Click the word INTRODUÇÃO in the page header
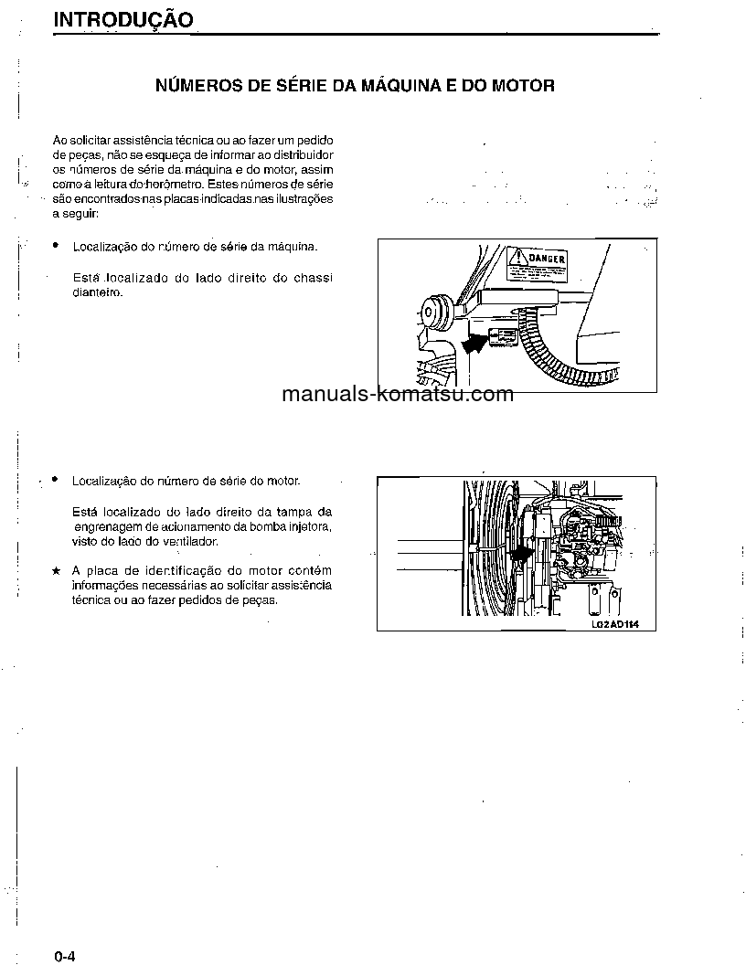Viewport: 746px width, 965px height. pyautogui.click(x=123, y=20)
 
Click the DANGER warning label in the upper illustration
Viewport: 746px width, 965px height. pyautogui.click(x=538, y=261)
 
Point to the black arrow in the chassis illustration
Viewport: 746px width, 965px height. pyautogui.click(x=474, y=343)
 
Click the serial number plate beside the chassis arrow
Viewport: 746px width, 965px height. pyautogui.click(x=503, y=337)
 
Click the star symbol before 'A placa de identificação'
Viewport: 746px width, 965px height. pyautogui.click(x=57, y=570)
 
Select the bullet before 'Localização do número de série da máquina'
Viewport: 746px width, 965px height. pyautogui.click(x=57, y=246)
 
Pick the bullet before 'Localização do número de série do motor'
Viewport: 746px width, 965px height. pyautogui.click(x=57, y=479)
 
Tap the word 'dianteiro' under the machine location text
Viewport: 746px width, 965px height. pyautogui.click(x=97, y=293)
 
